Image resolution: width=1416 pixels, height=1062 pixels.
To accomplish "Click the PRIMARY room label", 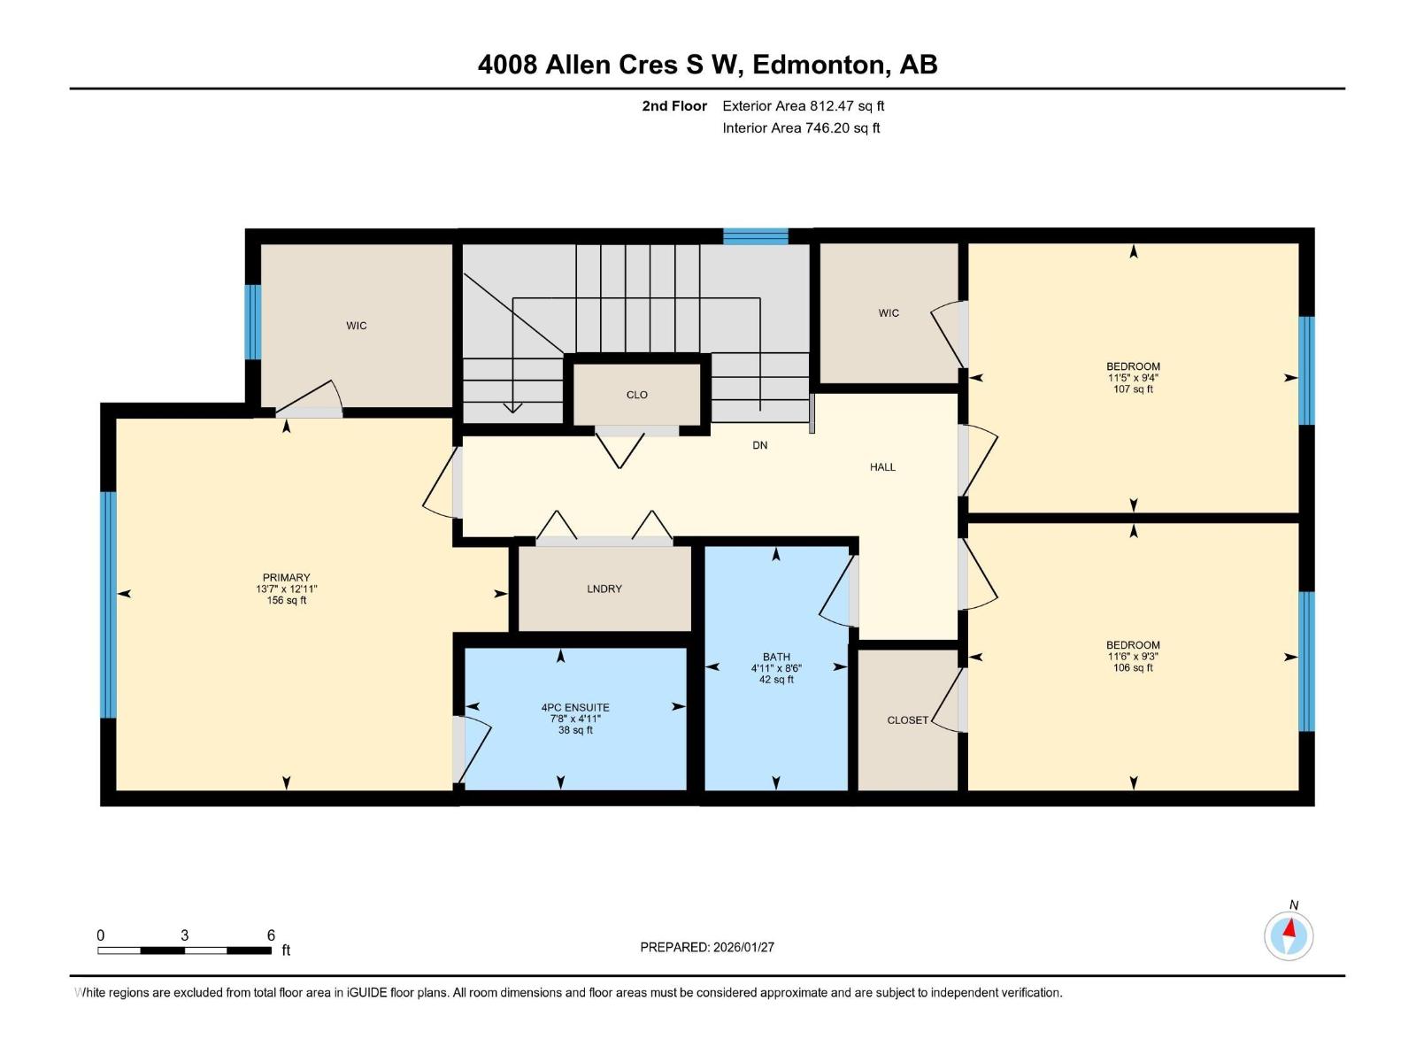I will pyautogui.click(x=286, y=577).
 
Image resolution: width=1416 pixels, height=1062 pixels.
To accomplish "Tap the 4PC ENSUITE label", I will pyautogui.click(x=575, y=707).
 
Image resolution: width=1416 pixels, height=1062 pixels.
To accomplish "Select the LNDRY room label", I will pyautogui.click(x=604, y=589).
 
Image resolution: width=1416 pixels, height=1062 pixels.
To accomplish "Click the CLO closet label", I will pyautogui.click(x=636, y=395).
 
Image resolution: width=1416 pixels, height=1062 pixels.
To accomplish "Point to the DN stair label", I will pyautogui.click(x=759, y=445).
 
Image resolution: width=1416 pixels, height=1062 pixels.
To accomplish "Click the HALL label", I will pyautogui.click(x=882, y=466).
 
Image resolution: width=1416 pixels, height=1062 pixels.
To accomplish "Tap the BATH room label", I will pyautogui.click(x=776, y=657).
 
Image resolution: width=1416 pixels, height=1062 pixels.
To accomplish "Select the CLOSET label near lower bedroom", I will pyautogui.click(x=907, y=720).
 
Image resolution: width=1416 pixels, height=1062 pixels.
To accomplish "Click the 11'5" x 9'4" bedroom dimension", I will pyautogui.click(x=1133, y=378).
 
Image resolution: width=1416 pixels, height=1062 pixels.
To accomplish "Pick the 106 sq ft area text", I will pyautogui.click(x=1133, y=668).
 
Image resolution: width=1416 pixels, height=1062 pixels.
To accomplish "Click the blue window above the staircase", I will pyautogui.click(x=755, y=236).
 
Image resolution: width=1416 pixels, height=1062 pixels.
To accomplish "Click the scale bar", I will pyautogui.click(x=184, y=950).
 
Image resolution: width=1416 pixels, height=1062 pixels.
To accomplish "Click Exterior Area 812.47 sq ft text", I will pyautogui.click(x=803, y=106).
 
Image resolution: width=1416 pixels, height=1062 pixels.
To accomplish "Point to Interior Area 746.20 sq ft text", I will pyautogui.click(x=801, y=128).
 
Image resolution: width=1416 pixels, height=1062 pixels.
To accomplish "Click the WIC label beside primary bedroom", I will pyautogui.click(x=356, y=326).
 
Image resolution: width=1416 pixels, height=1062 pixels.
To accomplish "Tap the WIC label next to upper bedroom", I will pyautogui.click(x=889, y=312).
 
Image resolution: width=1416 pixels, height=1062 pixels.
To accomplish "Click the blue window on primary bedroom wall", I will pyautogui.click(x=108, y=604).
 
